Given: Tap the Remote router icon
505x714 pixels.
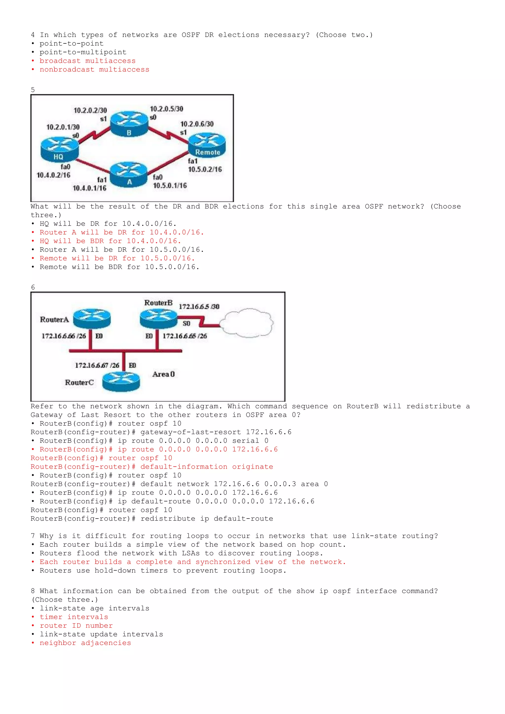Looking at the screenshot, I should pyautogui.click(x=207, y=145).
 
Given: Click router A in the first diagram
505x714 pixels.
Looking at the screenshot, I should pyautogui.click(x=128, y=174).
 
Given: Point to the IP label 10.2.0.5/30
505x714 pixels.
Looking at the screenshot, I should pyautogui.click(x=166, y=109).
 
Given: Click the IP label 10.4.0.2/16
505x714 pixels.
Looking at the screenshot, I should pyautogui.click(x=54, y=175).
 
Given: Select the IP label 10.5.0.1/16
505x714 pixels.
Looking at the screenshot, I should pyautogui.click(x=170, y=186).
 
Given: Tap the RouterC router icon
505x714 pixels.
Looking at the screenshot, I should pyautogui.click(x=121, y=382).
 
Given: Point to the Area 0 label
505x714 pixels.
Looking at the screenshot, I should pyautogui.click(x=163, y=374).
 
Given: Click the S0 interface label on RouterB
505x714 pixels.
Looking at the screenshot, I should pyautogui.click(x=186, y=323).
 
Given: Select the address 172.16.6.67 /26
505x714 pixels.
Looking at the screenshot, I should pyautogui.click(x=97, y=365).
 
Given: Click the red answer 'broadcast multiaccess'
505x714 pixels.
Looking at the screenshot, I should pyautogui.click(x=87, y=61).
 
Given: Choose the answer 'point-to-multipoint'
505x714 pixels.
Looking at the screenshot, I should pyautogui.click(x=83, y=52).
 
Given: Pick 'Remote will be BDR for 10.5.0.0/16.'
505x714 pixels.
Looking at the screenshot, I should pyautogui.click(x=119, y=267).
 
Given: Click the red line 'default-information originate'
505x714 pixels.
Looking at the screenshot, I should pyautogui.click(x=206, y=467).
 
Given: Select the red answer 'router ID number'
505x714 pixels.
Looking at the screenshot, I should pyautogui.click(x=76, y=626).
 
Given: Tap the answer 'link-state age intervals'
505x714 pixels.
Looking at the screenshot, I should pyautogui.click(x=94, y=608).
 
